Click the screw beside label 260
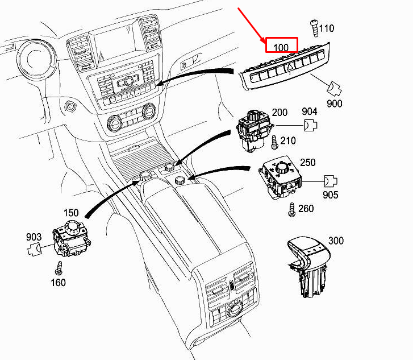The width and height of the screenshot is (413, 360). [292, 208]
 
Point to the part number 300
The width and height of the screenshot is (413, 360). [336, 241]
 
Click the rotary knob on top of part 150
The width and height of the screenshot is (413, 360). [72, 227]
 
